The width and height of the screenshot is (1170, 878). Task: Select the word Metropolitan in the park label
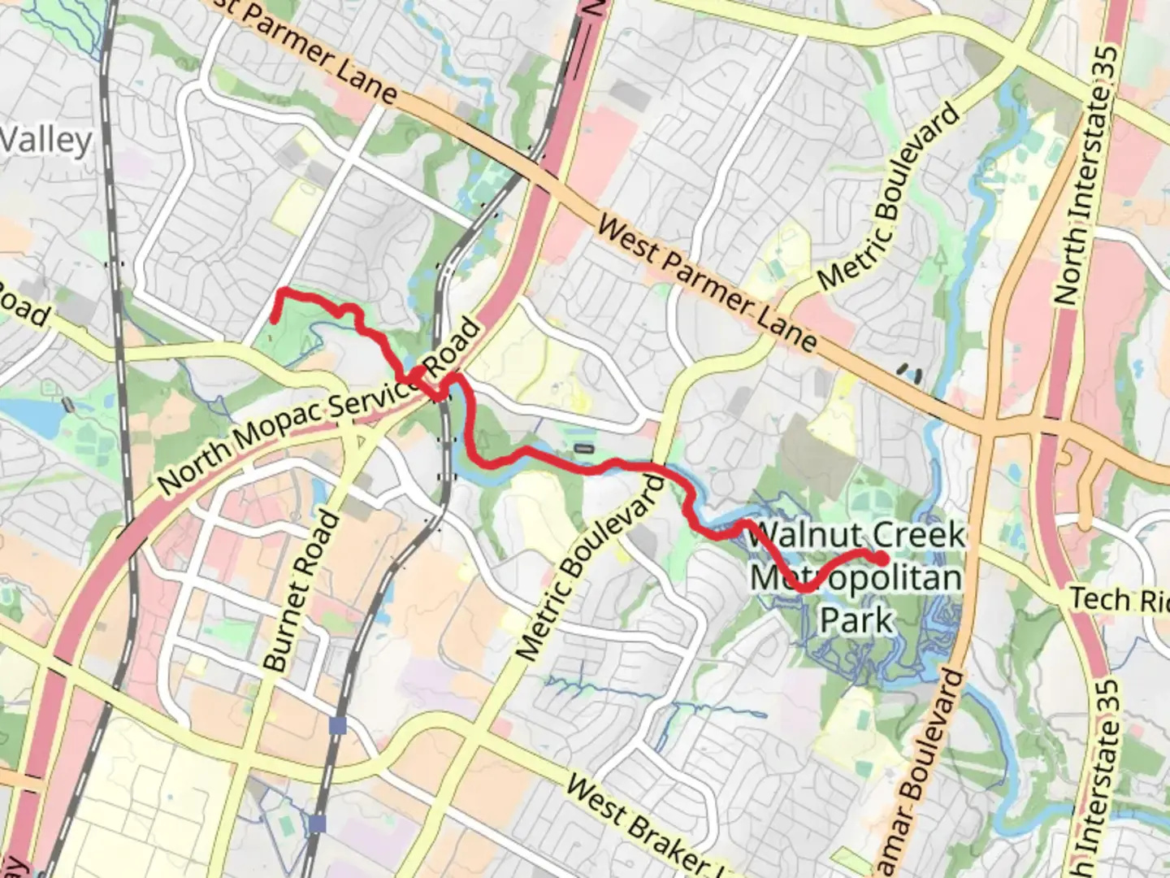tap(855, 578)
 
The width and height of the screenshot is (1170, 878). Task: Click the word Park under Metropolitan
tap(856, 619)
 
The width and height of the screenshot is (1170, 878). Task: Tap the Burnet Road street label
tap(301, 593)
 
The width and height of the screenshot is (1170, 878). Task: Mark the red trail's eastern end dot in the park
tap(882, 558)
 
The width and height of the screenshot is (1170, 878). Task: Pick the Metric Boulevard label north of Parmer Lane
tap(890, 197)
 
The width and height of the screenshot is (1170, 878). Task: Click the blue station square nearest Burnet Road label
tap(338, 725)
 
